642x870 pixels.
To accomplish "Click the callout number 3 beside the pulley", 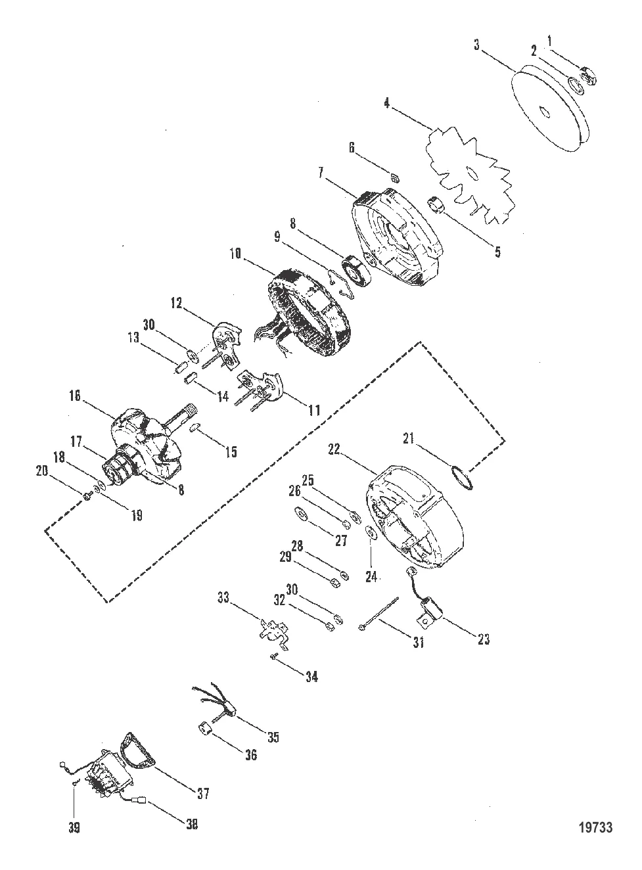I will click(476, 45).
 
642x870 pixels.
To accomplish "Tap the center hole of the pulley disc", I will click(544, 111).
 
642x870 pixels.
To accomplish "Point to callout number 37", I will click(203, 794).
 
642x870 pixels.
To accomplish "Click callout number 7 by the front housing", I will click(321, 173).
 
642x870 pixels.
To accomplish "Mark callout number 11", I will click(314, 411).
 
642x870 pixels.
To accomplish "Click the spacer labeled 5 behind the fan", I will click(436, 205).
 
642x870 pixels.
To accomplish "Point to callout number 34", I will click(311, 676).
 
